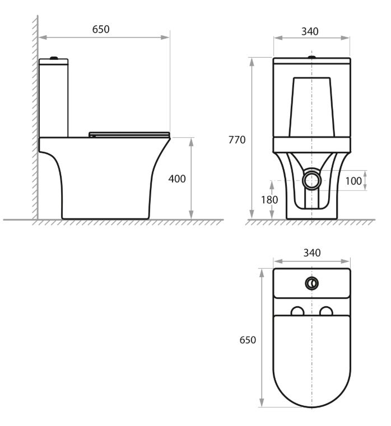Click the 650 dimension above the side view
coord(101,29)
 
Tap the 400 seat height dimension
coord(177,179)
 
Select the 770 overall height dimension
coord(237,139)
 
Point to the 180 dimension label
coord(269,200)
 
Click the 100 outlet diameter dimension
coord(353,181)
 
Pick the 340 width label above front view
coord(310,31)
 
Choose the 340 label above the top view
coord(312,253)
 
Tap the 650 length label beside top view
coord(248,340)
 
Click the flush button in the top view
coord(311,283)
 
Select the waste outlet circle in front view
coord(311,180)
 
